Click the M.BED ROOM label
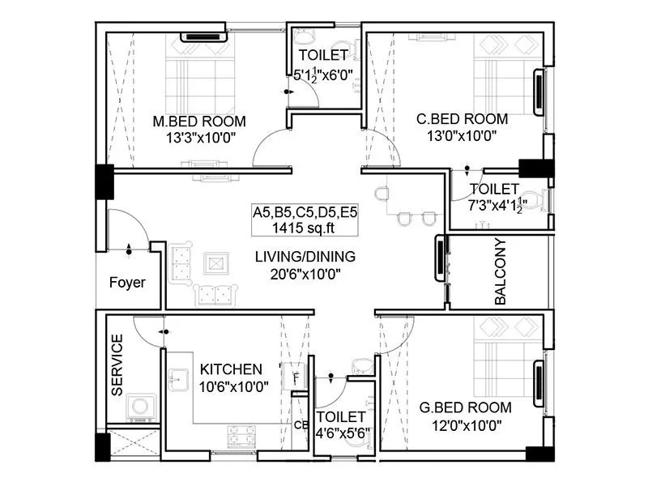point(199,122)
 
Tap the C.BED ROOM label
point(462,119)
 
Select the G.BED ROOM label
point(465,407)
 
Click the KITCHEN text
point(232,369)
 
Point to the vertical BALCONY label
point(500,271)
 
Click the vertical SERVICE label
point(117,364)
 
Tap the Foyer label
point(127,283)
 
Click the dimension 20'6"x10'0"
point(305,274)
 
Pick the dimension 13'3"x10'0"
point(200,139)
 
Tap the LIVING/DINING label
point(305,257)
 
